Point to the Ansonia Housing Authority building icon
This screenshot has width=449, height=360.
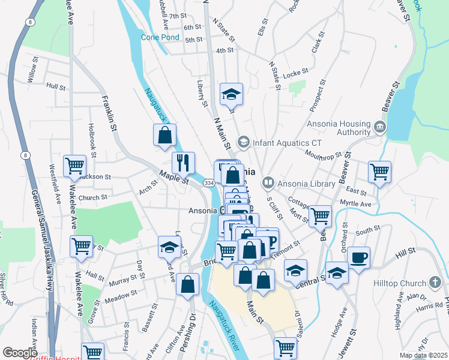click(379, 127)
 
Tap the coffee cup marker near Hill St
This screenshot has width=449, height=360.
click(358, 258)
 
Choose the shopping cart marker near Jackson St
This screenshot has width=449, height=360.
click(75, 165)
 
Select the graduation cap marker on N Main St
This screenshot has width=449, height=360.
click(231, 94)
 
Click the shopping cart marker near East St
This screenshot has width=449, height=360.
click(379, 172)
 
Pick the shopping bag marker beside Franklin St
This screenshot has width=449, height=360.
click(164, 135)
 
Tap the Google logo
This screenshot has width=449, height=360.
click(20, 353)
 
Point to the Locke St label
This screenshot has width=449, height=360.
click(295, 71)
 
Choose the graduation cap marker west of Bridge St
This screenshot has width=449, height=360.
click(169, 246)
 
